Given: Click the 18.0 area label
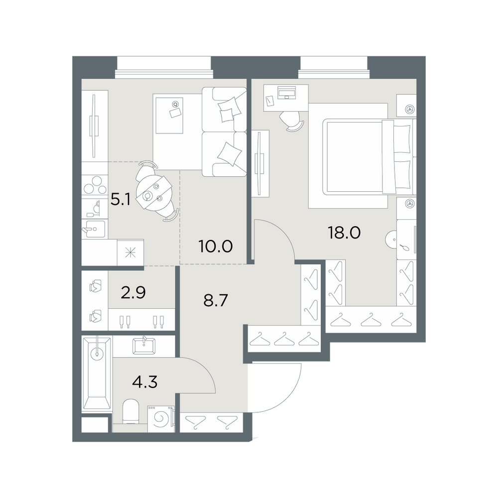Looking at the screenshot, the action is [344, 233].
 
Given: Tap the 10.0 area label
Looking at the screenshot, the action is [215, 246].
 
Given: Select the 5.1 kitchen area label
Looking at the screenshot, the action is [121, 200].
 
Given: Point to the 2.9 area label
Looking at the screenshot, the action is [133, 292].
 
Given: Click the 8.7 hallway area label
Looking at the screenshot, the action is [216, 300].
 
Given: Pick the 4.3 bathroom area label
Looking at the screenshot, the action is [145, 382].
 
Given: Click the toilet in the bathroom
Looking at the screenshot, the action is [130, 412].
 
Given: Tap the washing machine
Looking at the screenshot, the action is [161, 419].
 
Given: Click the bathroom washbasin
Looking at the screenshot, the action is [144, 346].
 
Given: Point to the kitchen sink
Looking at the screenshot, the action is [94, 229].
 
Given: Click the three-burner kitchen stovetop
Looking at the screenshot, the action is [95, 185].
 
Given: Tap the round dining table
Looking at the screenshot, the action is [154, 191].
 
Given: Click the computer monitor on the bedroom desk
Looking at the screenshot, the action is [286, 93].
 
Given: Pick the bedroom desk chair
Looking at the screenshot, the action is [292, 122].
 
